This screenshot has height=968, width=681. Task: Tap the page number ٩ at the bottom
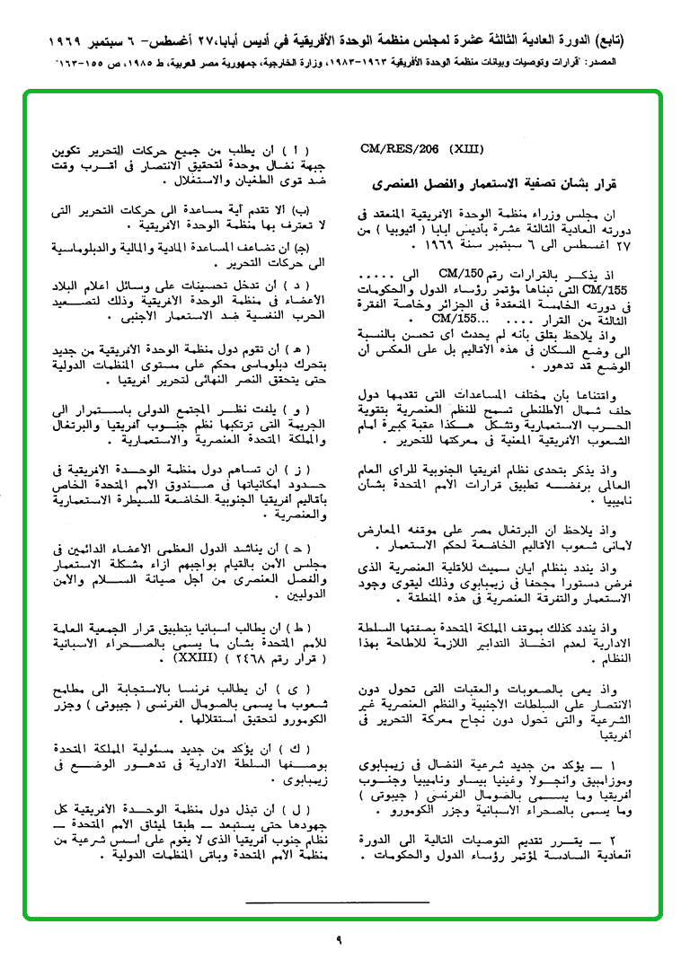340,939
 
